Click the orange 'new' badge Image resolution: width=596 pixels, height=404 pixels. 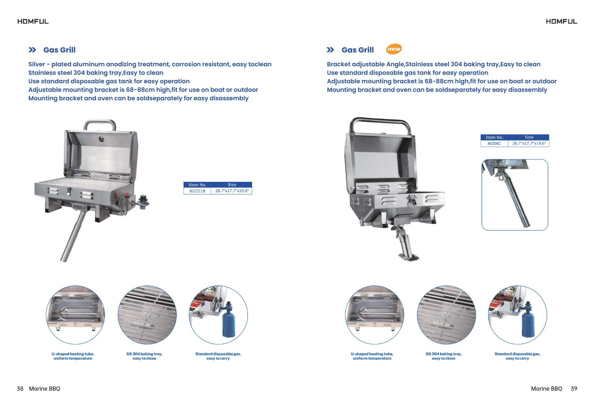pyautogui.click(x=394, y=49)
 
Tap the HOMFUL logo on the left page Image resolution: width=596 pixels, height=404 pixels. pyautogui.click(x=33, y=22)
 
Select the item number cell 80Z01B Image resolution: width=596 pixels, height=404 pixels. pyautogui.click(x=197, y=191)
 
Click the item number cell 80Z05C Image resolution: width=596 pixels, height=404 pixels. pyautogui.click(x=494, y=143)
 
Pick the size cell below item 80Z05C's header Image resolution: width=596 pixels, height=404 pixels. pyautogui.click(x=529, y=143)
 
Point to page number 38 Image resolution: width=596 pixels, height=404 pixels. pyautogui.click(x=20, y=389)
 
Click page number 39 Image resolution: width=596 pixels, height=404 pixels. pyautogui.click(x=574, y=389)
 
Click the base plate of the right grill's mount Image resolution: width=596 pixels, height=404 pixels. pyautogui.click(x=409, y=257)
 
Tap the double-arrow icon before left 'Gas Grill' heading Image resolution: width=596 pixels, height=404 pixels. pyautogui.click(x=32, y=50)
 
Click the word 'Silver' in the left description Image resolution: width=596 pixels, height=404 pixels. pyautogui.click(x=37, y=64)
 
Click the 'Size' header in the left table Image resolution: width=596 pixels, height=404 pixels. pyautogui.click(x=232, y=185)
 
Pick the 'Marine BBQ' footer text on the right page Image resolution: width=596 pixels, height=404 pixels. pyautogui.click(x=547, y=389)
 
